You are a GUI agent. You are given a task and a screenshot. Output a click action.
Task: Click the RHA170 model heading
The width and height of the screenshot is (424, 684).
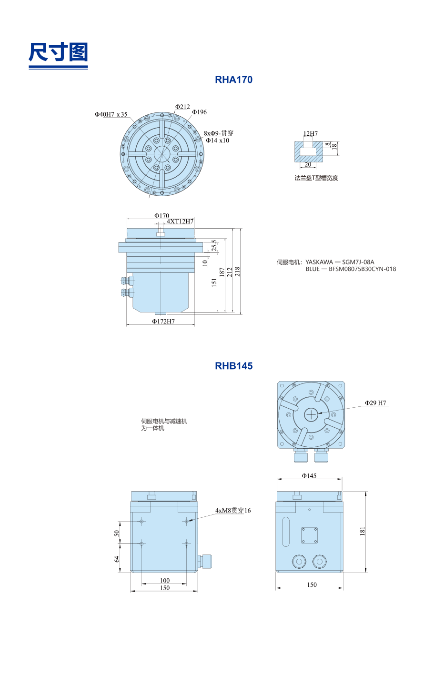234,80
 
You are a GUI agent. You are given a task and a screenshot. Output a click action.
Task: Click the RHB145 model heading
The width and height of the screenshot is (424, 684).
234,366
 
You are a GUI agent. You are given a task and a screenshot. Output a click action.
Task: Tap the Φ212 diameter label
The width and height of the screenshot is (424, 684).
182,107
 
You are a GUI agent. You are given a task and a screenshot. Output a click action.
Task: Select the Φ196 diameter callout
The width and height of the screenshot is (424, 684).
200,112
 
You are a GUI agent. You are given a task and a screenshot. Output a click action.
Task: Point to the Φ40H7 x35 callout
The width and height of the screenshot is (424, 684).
111,114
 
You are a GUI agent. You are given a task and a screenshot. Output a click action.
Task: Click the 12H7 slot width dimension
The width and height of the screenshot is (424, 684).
310,134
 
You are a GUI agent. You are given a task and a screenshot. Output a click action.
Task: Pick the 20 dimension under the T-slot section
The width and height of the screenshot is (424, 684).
308,164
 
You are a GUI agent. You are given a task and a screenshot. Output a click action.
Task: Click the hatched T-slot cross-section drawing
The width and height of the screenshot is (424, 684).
309,151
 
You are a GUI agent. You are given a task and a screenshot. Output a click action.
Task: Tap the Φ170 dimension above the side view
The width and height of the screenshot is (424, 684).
162,216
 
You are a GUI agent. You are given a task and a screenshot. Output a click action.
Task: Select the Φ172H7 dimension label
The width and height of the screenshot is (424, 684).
163,321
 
